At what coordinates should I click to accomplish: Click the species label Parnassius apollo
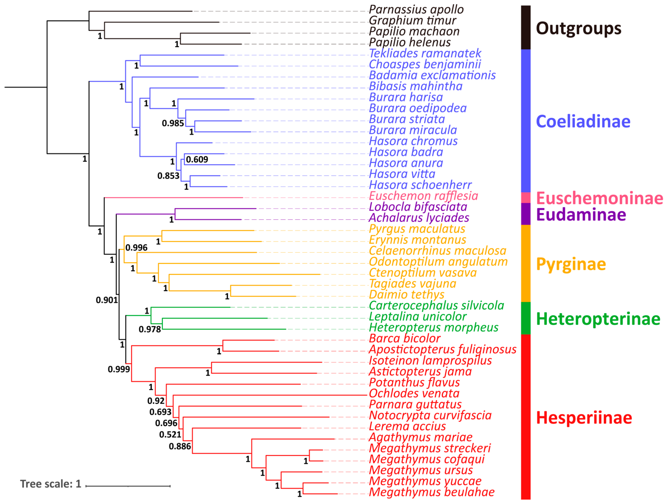coord(416,10)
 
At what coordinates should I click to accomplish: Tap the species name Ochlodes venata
coord(414,393)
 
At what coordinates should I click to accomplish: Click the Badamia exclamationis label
coord(432,75)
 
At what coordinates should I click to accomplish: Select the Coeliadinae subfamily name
coord(583,121)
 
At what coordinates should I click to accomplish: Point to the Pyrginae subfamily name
coord(571,264)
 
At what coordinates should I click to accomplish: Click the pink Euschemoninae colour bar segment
coord(526,198)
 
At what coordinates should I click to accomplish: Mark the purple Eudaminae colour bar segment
coord(526,214)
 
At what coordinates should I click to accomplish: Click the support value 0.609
coord(197,160)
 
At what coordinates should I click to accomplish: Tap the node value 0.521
coord(170,435)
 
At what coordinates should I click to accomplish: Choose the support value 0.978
coord(150,329)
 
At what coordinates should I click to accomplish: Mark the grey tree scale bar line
coord(128,486)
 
